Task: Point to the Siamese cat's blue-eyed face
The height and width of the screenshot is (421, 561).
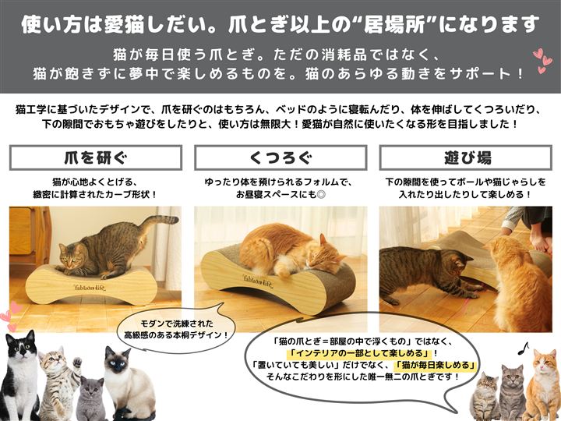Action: (x=116, y=361)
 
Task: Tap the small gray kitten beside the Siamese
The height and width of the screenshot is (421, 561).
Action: (x=91, y=398)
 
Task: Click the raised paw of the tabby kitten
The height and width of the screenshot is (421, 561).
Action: (x=76, y=363)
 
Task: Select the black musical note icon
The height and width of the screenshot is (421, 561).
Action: (x=523, y=348)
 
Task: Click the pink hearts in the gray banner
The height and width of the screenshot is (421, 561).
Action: (x=543, y=61)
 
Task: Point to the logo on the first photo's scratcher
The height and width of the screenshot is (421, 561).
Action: (x=90, y=287)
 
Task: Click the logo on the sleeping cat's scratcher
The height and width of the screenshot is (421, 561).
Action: (x=258, y=281)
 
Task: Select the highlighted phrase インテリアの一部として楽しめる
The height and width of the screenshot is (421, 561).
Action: (x=360, y=353)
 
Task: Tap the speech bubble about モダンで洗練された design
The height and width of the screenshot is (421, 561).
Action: (x=176, y=328)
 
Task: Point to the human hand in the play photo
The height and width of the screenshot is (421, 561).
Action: (x=540, y=241)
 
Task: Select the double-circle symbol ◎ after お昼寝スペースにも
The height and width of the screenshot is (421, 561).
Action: (x=321, y=194)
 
